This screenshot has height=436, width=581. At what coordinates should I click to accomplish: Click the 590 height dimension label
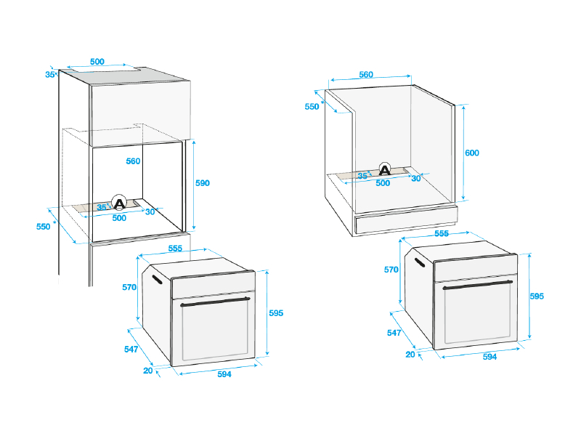point(202,183)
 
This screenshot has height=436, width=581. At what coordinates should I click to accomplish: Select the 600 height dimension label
point(472,153)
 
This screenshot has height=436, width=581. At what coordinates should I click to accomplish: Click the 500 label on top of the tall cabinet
point(97,62)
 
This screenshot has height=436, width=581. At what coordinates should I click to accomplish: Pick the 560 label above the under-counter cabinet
point(366,74)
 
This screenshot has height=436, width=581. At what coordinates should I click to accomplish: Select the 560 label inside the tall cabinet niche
point(132,161)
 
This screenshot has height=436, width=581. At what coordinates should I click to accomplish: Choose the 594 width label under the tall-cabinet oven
point(224,374)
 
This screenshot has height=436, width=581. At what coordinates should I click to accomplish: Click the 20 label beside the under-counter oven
point(410,354)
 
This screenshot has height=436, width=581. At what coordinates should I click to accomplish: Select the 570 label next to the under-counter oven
point(391,270)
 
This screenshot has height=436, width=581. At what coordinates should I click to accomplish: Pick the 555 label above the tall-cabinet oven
point(175,248)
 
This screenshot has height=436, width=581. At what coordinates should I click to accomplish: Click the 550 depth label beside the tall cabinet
point(43,227)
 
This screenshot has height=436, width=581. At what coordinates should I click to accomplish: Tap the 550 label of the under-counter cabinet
point(311,106)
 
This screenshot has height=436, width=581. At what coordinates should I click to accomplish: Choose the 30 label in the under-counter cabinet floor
point(416,178)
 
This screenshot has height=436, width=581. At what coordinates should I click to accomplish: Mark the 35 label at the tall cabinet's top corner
point(50,74)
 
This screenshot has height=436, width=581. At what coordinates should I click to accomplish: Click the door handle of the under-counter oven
point(479,285)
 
